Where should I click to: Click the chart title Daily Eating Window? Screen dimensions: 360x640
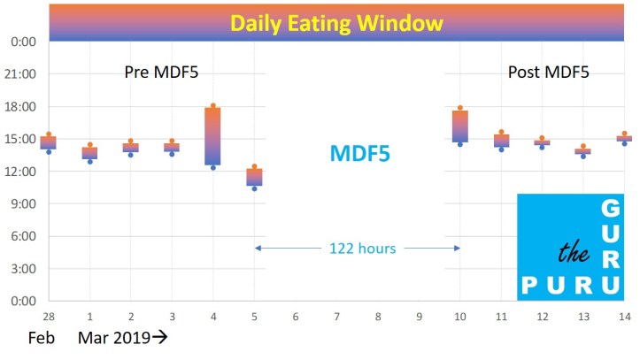(x=336, y=23)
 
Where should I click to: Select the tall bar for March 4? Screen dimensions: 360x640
(x=212, y=135)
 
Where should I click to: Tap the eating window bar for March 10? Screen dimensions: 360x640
(x=460, y=126)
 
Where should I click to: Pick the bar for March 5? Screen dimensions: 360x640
(x=254, y=177)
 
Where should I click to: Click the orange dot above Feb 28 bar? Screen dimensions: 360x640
(x=49, y=134)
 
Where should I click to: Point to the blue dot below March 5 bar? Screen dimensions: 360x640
(x=254, y=188)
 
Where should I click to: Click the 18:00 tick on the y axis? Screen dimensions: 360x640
(x=21, y=107)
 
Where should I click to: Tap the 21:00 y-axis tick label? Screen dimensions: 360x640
(x=21, y=74)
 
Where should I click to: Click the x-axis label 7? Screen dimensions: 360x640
(x=336, y=316)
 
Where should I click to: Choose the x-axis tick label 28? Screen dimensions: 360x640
(x=49, y=316)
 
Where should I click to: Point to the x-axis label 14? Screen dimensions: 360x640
(x=624, y=316)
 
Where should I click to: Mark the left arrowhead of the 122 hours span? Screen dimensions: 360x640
(x=258, y=249)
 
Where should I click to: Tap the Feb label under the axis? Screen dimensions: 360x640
(x=42, y=338)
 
